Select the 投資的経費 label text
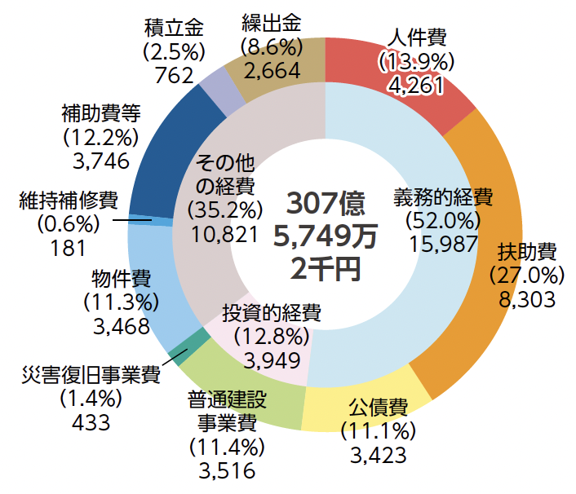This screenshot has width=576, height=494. click(271, 312)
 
